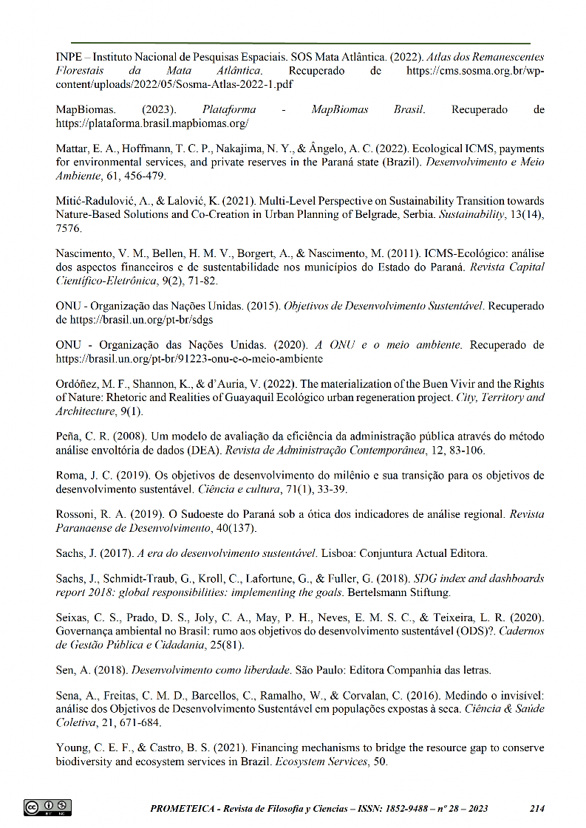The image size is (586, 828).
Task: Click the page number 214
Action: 537,809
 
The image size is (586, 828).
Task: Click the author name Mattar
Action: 72,149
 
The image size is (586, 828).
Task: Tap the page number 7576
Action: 69,228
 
